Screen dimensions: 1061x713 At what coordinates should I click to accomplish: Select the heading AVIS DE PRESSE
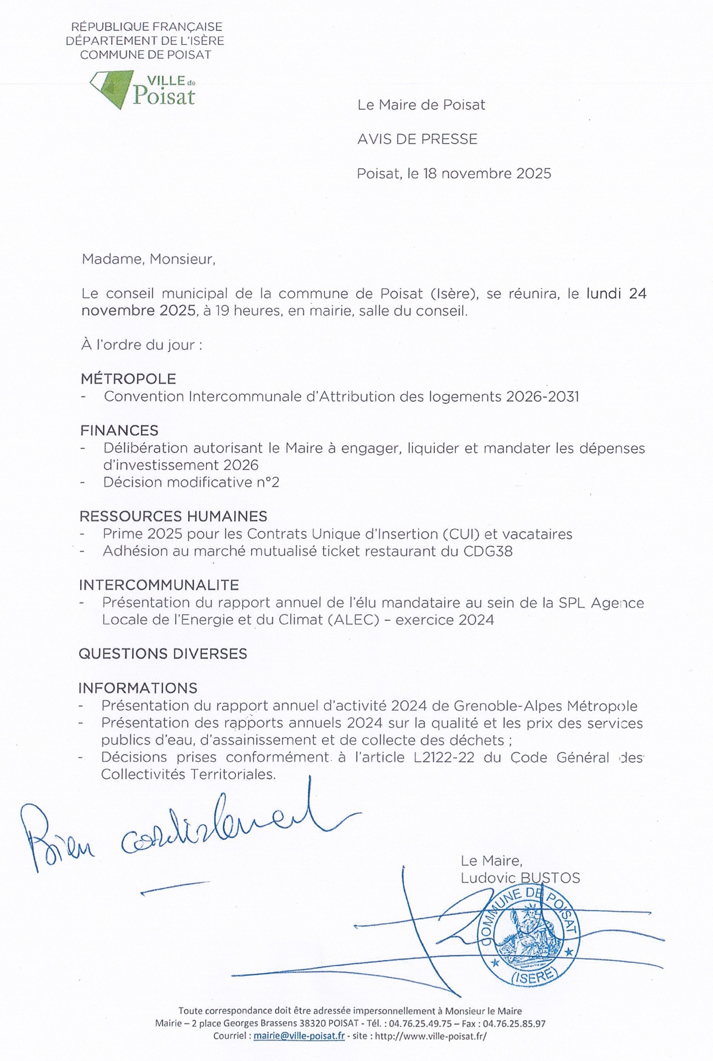[417, 139]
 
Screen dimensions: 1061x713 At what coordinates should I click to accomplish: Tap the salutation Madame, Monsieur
[148, 259]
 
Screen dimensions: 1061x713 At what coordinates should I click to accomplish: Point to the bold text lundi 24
[616, 294]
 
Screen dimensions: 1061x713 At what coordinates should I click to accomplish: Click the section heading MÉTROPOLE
[128, 379]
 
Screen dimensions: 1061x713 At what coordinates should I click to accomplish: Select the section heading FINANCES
[119, 430]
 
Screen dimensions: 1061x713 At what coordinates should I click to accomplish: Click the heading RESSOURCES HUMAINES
[173, 517]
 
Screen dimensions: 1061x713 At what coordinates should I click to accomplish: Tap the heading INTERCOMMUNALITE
[159, 585]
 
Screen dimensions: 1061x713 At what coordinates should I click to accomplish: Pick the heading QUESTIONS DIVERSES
[162, 653]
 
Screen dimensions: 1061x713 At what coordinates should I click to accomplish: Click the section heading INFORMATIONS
[138, 688]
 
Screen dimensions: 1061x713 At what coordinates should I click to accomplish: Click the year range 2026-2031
[542, 397]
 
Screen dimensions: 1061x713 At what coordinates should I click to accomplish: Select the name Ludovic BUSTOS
[520, 878]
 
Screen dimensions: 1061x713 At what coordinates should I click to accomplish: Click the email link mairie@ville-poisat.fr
[299, 1049]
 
